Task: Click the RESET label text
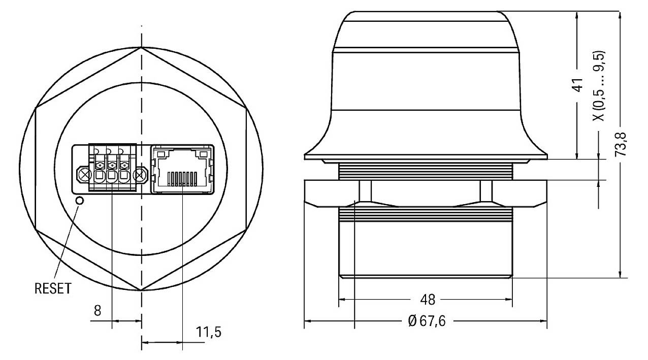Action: [x=52, y=288]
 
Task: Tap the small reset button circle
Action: [x=79, y=201]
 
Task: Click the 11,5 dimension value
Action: [x=208, y=333]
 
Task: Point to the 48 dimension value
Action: [x=428, y=300]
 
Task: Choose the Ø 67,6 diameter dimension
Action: [x=426, y=321]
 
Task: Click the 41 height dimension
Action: [x=577, y=85]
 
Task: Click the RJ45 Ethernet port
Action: [x=182, y=169]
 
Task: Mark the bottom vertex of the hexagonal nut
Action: [x=141, y=290]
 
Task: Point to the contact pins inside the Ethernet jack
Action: [x=182, y=178]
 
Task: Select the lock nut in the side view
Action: [x=426, y=193]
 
